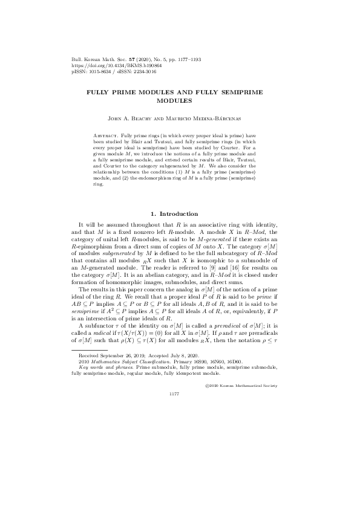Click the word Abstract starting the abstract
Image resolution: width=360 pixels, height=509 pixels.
coord(107,131)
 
